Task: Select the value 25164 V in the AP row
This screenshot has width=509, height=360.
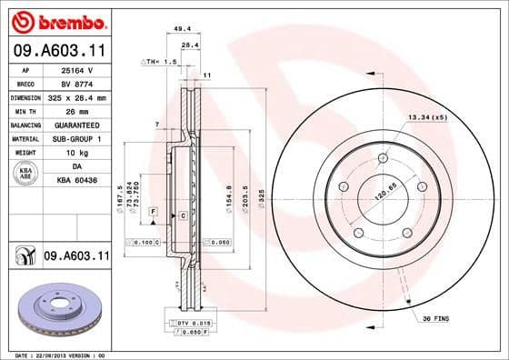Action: (x=77, y=69)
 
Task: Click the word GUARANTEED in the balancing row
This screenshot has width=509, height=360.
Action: (x=77, y=125)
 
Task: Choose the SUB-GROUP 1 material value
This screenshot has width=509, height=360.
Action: (x=77, y=139)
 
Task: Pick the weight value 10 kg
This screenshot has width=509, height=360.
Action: (x=77, y=153)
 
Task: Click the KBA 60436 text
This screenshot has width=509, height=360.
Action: (x=77, y=182)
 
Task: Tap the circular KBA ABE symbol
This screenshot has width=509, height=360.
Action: (x=25, y=174)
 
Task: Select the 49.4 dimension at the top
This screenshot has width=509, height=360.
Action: (x=182, y=29)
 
